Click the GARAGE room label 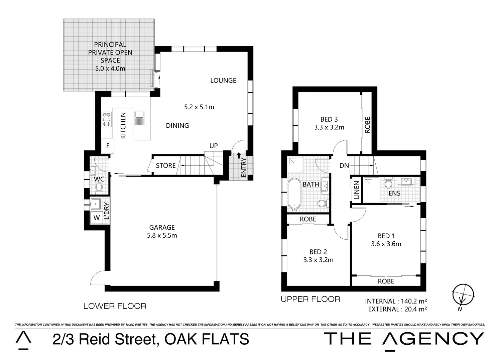(162, 228)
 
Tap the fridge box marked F (108, 146)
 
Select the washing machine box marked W (97, 218)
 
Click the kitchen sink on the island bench (139, 118)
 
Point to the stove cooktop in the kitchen (106, 119)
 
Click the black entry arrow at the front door (238, 155)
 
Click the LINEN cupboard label (356, 190)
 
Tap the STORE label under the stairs (166, 165)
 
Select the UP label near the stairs (214, 146)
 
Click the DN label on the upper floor (344, 165)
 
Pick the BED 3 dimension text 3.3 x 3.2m (329, 127)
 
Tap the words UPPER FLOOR (310, 299)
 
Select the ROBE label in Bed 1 (386, 281)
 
